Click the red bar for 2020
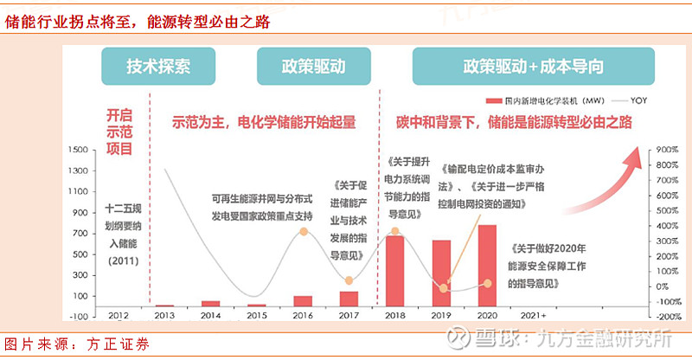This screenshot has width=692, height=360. tap(487, 266)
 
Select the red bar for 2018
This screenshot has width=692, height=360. tap(394, 271)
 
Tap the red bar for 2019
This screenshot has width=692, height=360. tap(441, 273)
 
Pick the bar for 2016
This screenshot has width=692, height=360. tap(303, 301)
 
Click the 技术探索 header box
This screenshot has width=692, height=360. tap(158, 67)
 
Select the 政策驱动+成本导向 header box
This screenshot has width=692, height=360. tap(533, 67)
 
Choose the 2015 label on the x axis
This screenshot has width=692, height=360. tap(257, 316)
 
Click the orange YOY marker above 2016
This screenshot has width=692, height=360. tap(303, 231)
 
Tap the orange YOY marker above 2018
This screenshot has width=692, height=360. tap(394, 231)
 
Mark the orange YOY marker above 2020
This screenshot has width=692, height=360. tap(487, 283)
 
